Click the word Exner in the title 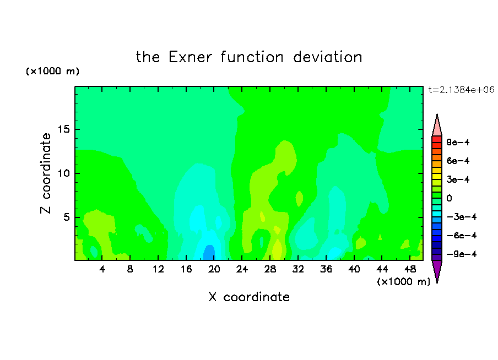(x=190, y=57)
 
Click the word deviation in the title (x=327, y=57)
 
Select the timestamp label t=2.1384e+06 (x=461, y=90)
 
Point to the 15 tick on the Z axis (x=63, y=129)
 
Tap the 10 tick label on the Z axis (x=63, y=173)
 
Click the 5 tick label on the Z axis (x=66, y=217)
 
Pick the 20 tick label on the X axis (x=214, y=269)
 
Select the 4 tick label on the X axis (x=102, y=269)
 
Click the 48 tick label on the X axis (x=410, y=269)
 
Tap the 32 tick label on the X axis (x=298, y=269)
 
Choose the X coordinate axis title (x=249, y=297)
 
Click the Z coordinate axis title (x=46, y=173)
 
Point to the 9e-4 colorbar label (x=458, y=142)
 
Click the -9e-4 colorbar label (x=462, y=254)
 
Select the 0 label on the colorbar (x=449, y=198)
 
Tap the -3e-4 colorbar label (x=462, y=217)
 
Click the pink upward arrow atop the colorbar (x=437, y=125)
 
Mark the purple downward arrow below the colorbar (x=437, y=271)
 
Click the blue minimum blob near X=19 (x=209, y=253)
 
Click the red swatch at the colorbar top (x=437, y=139)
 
